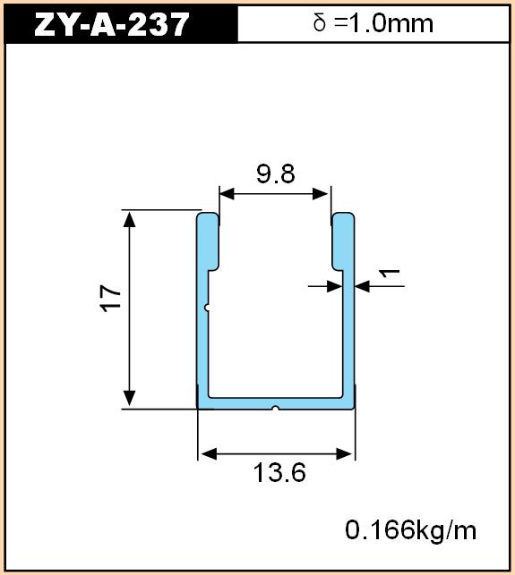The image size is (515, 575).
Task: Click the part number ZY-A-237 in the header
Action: tap(111, 24)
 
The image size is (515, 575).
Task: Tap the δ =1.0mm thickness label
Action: tap(373, 23)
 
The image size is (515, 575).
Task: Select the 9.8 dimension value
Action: tap(276, 173)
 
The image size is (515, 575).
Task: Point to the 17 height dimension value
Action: tap(110, 298)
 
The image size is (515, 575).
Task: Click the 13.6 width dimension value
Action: tap(279, 473)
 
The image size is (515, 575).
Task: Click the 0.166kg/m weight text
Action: tap(411, 531)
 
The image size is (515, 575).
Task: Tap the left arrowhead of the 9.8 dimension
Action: tap(227, 194)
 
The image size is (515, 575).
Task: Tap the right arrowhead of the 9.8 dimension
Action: tap(320, 194)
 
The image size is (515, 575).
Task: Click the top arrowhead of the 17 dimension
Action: tap(129, 219)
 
